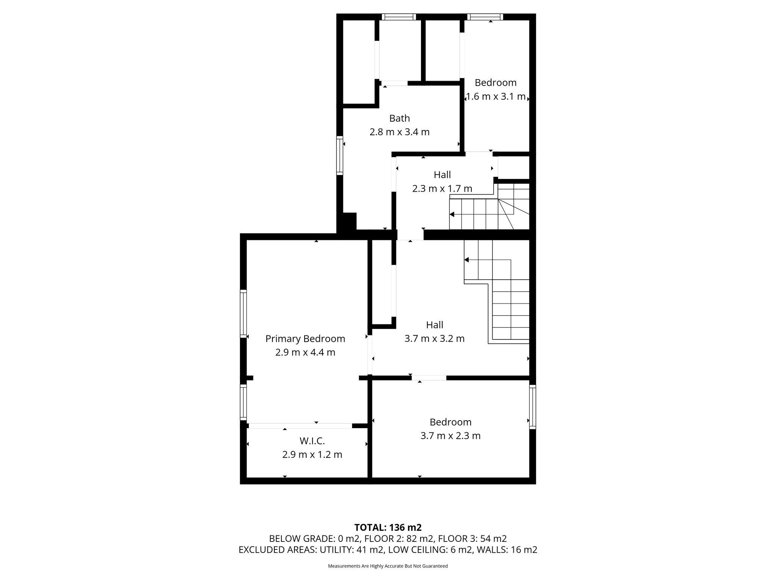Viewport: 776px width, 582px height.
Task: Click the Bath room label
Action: click(x=399, y=118)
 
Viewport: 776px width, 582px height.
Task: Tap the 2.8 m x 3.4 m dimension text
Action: click(x=399, y=132)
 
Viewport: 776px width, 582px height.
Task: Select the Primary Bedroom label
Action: click(x=305, y=339)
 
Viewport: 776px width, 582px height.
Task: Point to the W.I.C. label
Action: click(x=312, y=441)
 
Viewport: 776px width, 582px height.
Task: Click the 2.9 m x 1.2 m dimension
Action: click(x=312, y=455)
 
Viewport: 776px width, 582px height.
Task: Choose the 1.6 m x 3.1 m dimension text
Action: click(x=496, y=97)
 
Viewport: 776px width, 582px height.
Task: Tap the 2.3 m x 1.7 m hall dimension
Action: click(x=442, y=188)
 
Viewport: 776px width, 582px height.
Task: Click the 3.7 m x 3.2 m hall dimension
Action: click(x=435, y=338)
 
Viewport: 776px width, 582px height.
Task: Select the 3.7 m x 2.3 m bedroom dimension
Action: click(x=451, y=436)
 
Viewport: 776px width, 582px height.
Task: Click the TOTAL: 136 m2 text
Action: click(x=388, y=527)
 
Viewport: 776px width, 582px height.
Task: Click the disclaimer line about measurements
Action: click(x=388, y=566)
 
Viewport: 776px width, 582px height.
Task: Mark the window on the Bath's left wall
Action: click(x=340, y=155)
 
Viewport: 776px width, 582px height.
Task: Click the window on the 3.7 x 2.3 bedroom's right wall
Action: click(x=532, y=407)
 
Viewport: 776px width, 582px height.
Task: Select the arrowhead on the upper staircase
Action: click(x=452, y=214)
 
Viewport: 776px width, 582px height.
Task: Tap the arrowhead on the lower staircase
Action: click(x=467, y=260)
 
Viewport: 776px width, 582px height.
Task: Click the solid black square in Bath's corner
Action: click(x=350, y=221)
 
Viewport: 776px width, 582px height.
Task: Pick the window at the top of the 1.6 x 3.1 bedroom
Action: click(x=485, y=17)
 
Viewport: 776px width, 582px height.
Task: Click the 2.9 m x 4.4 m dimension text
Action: click(x=305, y=353)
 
